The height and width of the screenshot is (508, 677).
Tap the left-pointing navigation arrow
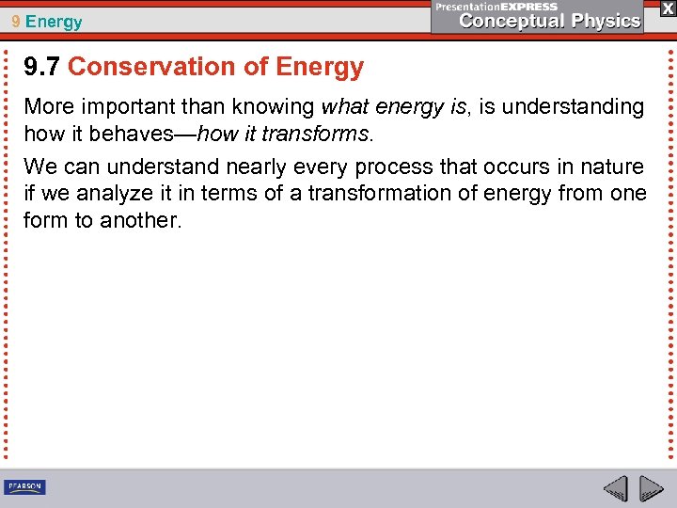click(x=615, y=488)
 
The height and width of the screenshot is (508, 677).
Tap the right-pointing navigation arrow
click(x=651, y=488)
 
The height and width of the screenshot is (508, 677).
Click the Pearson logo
click(x=24, y=486)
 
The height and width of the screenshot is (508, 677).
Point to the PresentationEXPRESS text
click(x=496, y=6)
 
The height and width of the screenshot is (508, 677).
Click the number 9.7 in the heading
click(x=42, y=67)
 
